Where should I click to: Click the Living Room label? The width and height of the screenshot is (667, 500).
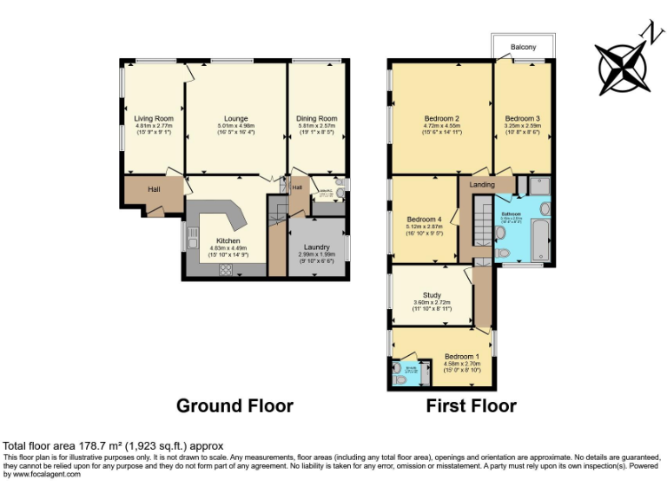point(154,118)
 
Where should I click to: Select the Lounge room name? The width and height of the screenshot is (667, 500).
point(235,118)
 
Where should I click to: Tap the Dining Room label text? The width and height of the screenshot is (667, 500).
point(316,118)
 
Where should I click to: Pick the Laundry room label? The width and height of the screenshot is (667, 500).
point(317,247)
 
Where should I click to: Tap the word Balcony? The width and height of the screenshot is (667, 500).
point(523,47)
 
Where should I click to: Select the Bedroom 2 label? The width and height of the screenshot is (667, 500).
point(441,118)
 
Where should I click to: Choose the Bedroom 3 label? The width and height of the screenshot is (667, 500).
point(523,118)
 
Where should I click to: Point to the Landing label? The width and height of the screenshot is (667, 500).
point(482,185)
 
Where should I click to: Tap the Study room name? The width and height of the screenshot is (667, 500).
point(432,295)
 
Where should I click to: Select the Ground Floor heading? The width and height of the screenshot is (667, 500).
point(234,405)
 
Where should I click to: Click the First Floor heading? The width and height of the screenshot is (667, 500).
point(471,405)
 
